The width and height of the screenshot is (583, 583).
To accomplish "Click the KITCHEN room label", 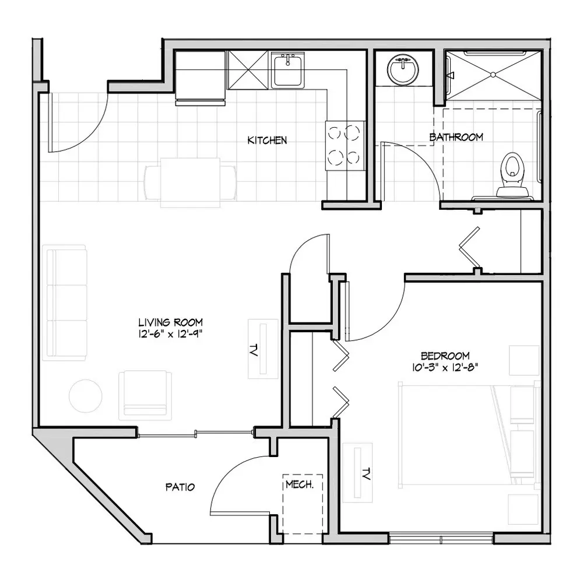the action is tap(267, 140).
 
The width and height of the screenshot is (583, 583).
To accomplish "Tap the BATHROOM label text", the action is tap(456, 137).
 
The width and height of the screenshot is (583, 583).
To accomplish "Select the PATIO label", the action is tap(180, 487).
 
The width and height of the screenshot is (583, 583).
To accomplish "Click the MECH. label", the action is tap(300, 485).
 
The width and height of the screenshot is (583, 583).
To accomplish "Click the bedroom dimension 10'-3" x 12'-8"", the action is tap(445, 367).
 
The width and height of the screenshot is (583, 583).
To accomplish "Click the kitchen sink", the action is tap(288, 70).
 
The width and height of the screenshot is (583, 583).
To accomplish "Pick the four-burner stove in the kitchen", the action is tap(345, 145).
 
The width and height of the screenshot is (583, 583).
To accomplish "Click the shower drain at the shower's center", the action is tap(493, 75).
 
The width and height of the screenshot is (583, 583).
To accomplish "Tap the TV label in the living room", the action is tap(254, 350).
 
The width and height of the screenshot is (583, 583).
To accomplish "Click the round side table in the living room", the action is tap(86, 396).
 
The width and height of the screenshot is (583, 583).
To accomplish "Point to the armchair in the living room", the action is tap(145, 395).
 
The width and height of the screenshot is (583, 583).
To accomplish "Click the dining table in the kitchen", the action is tap(190, 182).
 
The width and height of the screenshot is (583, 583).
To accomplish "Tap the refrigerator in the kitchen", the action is tap(200, 78).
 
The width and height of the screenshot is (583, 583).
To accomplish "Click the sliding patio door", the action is tap(195, 433).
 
